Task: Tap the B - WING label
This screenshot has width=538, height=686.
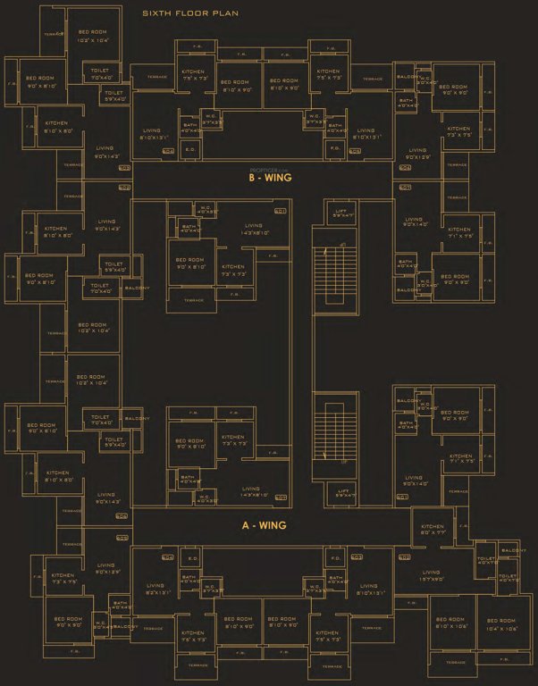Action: (266, 177)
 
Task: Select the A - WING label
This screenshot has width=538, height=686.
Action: (264, 525)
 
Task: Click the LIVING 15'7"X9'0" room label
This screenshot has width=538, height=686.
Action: (432, 575)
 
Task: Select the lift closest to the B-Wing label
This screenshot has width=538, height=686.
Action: (343, 213)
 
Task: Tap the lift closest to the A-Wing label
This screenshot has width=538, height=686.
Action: (343, 490)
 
